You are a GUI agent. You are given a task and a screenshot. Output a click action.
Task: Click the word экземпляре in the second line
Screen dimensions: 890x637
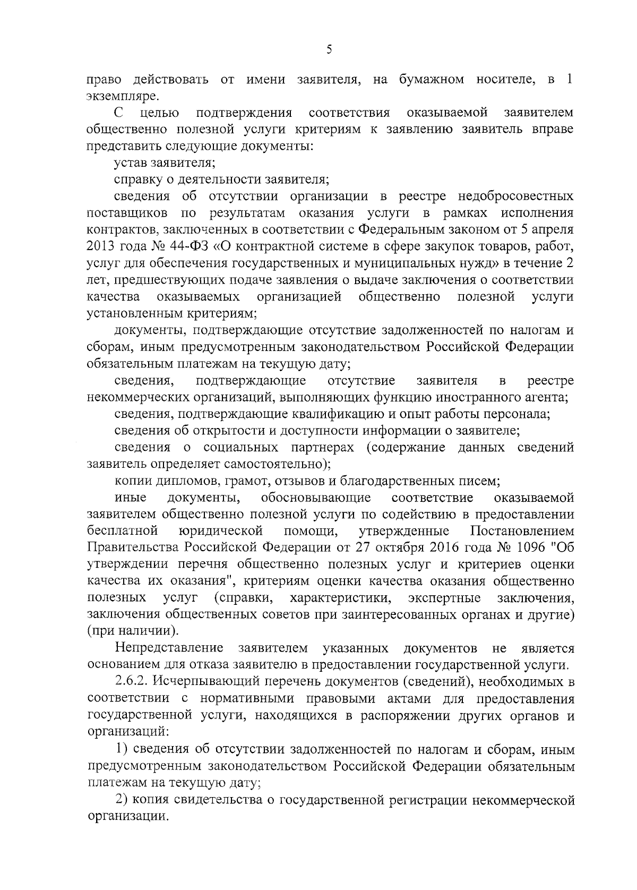(114, 97)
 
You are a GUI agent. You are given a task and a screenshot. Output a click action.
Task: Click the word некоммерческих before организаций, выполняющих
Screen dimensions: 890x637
(138, 397)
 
